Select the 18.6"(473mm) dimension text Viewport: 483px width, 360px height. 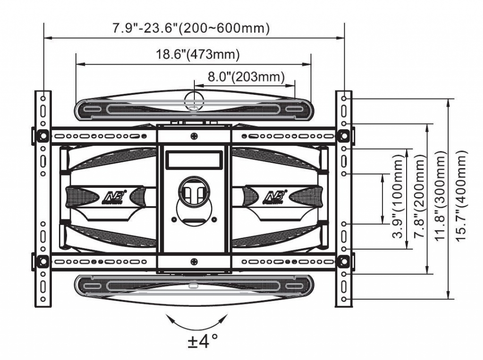coord(198,54)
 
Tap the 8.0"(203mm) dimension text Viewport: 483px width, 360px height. coord(246,76)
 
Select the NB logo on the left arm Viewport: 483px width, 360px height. coord(116,195)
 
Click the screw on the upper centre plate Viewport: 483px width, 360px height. coord(194,136)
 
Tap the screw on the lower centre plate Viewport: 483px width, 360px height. coord(194,262)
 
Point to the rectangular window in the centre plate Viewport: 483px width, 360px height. coord(193,160)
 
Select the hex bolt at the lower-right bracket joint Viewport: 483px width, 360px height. coord(344,261)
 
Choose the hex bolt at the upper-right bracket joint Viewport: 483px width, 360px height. coord(344,135)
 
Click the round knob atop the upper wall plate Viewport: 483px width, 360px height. coord(194,100)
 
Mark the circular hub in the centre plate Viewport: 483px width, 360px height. coord(193,192)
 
